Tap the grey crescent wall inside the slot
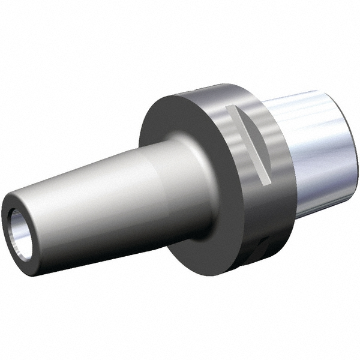tap(240, 141)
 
